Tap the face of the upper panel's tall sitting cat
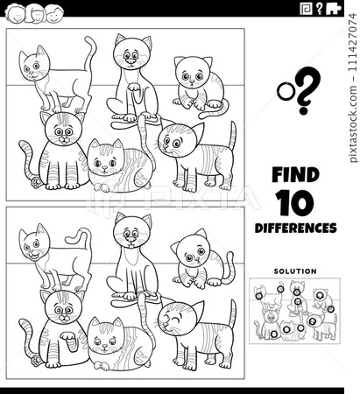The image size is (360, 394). pos(131,57)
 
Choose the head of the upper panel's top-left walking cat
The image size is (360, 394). pos(35,65)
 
